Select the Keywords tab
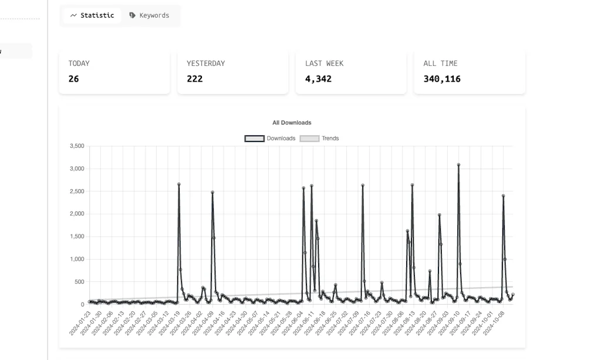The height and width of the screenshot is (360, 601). pos(149,16)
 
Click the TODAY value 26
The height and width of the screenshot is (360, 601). pos(73,79)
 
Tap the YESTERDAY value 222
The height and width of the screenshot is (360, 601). pos(195,79)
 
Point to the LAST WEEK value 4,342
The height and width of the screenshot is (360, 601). pos(318,79)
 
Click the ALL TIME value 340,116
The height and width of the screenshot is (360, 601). pos(442,79)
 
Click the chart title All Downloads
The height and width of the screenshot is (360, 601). pos(292,123)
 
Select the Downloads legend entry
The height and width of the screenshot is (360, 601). pos(270,139)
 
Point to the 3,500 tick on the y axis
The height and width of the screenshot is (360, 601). pos(77,146)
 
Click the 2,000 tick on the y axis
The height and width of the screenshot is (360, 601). pos(77,214)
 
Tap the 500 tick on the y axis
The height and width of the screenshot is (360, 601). pos(79,282)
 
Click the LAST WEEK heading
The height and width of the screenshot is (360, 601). pos(324,63)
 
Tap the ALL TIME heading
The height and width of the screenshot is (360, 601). pos(440,63)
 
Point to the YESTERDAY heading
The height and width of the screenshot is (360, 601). pos(205,63)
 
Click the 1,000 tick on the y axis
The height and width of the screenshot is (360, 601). pos(77,260)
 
